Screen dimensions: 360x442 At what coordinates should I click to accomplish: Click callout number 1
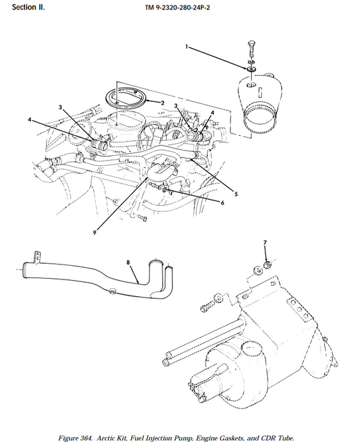pyautogui.click(x=186, y=47)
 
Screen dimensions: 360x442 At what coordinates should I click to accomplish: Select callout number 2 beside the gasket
pyautogui.click(x=163, y=103)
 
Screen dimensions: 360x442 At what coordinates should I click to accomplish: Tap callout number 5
pyautogui.click(x=236, y=194)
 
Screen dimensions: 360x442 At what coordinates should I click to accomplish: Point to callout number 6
pyautogui.click(x=222, y=202)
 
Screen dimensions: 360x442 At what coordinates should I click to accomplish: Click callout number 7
pyautogui.click(x=265, y=242)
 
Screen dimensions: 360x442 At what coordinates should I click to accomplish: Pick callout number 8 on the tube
pyautogui.click(x=128, y=263)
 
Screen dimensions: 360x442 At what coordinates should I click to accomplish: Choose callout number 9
pyautogui.click(x=95, y=233)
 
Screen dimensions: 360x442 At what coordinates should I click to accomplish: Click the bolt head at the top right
pyautogui.click(x=251, y=44)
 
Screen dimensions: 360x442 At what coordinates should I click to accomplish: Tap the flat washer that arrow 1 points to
pyautogui.click(x=251, y=69)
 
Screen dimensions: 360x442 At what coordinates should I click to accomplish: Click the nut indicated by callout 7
pyautogui.click(x=267, y=265)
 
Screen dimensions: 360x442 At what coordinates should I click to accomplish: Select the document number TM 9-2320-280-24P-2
pyautogui.click(x=178, y=7)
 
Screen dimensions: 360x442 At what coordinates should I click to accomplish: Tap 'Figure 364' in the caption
pyautogui.click(x=75, y=438)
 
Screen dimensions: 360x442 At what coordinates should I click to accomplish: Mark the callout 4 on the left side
pyautogui.click(x=29, y=120)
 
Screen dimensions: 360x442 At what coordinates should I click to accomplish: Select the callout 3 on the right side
pyautogui.click(x=176, y=106)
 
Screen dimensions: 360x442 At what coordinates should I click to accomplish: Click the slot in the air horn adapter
pyautogui.click(x=261, y=92)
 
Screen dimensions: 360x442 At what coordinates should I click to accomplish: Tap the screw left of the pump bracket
pyautogui.click(x=207, y=306)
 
